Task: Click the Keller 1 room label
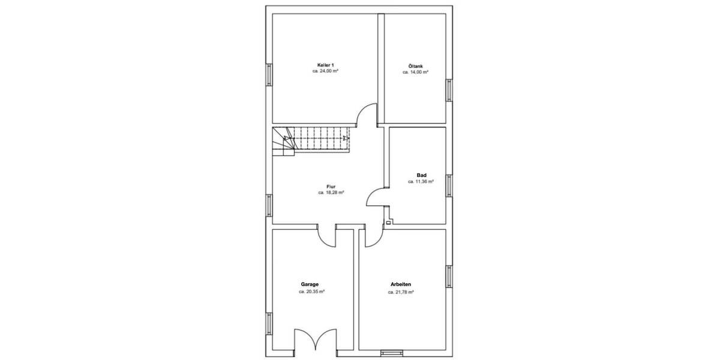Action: tap(325, 65)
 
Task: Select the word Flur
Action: tap(331, 187)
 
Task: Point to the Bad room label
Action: tap(421, 175)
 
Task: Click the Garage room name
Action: tap(310, 284)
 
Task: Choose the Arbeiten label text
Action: tap(401, 285)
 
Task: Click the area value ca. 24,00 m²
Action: tap(325, 71)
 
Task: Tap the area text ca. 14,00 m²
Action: tap(415, 73)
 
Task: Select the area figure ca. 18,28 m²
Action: tap(331, 193)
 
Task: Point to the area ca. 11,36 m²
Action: tap(421, 181)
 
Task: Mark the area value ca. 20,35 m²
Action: tap(311, 292)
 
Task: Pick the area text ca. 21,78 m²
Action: tap(401, 292)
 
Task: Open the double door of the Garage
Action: tap(315, 338)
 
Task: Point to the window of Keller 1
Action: tap(269, 75)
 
